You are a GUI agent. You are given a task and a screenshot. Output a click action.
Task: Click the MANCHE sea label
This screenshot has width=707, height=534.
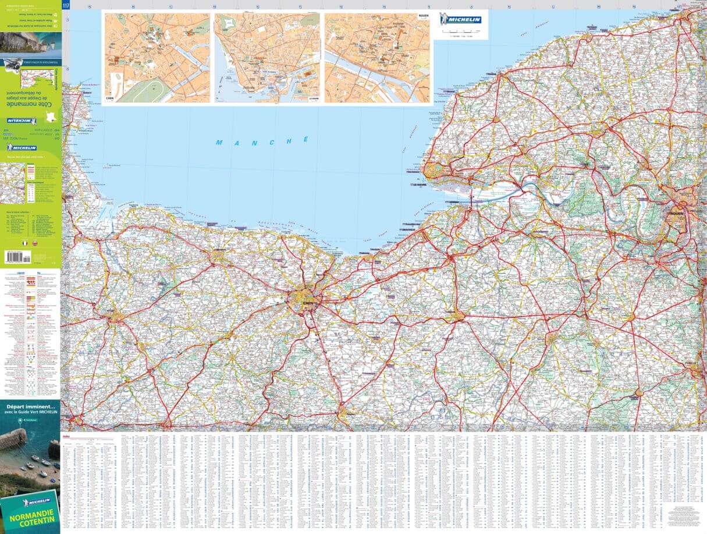tap(262, 142)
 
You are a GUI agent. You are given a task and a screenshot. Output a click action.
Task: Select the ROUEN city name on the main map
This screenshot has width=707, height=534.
tap(676, 213)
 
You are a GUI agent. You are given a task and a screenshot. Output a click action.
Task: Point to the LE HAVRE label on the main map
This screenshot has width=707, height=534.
tap(420, 186)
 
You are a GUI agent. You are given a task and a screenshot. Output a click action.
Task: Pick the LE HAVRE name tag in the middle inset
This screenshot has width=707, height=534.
tap(313, 100)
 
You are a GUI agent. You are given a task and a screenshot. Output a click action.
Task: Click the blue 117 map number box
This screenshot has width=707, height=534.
tap(65, 5)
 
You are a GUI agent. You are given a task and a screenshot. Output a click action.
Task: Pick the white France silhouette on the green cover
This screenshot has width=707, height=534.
tap(51, 117)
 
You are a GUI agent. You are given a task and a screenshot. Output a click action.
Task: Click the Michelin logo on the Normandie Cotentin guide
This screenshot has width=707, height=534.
tap(35, 501)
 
